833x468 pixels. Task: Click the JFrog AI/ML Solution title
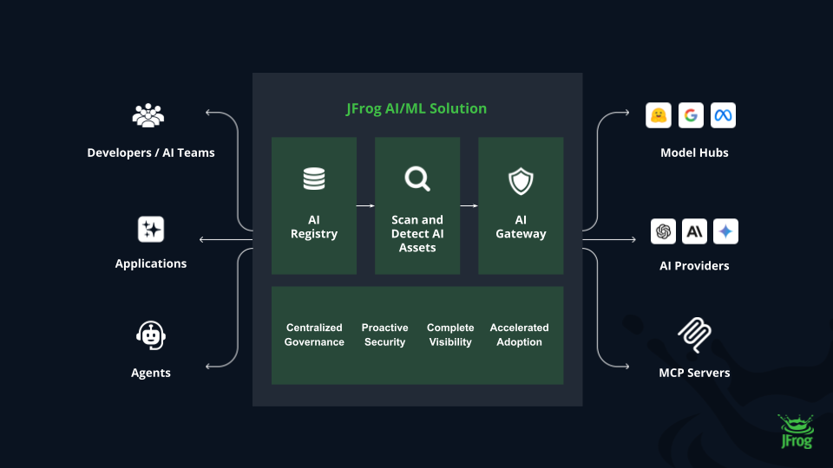[416, 108]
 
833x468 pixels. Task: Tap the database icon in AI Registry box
[314, 179]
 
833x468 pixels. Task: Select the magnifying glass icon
[417, 179]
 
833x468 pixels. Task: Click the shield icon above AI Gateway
[521, 181]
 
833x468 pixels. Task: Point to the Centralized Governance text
[314, 335]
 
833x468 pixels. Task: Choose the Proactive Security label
[384, 335]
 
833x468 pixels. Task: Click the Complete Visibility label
[450, 335]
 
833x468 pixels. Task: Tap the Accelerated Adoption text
[519, 335]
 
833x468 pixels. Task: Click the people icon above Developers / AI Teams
[148, 115]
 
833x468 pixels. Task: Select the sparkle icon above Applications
[151, 230]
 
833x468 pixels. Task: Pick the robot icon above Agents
[151, 335]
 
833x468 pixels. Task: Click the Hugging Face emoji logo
[659, 115]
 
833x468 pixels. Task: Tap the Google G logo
[691, 115]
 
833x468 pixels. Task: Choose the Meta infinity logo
[723, 115]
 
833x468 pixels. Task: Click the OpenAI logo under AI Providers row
[664, 231]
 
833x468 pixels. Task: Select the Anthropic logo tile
[694, 231]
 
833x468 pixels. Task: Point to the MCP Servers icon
[694, 334]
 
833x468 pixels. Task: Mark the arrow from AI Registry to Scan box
[365, 206]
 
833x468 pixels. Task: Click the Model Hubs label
[694, 153]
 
